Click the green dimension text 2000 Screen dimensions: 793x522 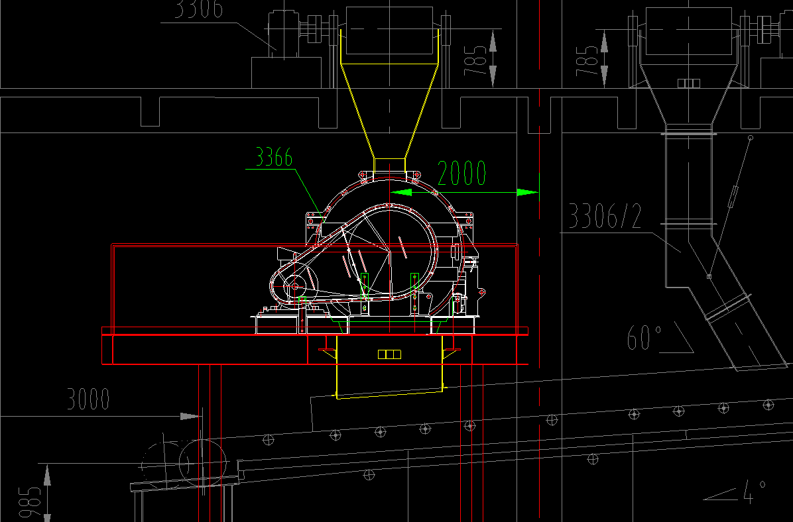pyautogui.click(x=461, y=173)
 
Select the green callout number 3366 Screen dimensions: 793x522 pyautogui.click(x=274, y=157)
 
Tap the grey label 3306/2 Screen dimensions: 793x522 pyautogui.click(x=605, y=216)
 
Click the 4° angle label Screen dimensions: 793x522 pyautogui.click(x=755, y=492)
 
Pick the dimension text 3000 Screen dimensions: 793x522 pyautogui.click(x=88, y=399)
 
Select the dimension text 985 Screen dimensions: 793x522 pyautogui.click(x=30, y=501)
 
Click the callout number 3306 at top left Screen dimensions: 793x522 pyautogui.click(x=199, y=9)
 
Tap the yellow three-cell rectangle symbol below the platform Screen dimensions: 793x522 pyautogui.click(x=389, y=354)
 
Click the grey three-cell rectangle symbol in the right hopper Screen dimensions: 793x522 pyautogui.click(x=688, y=83)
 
